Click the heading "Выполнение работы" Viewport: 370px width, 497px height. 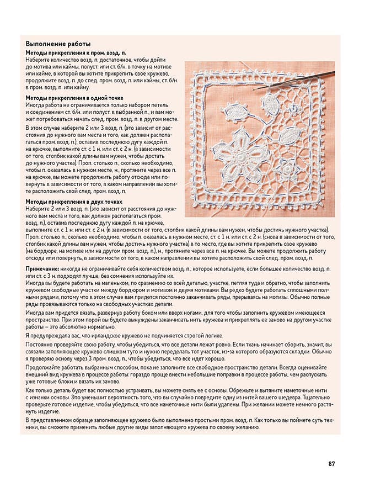point(58,44)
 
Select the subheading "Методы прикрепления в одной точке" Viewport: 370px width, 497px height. point(74,98)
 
